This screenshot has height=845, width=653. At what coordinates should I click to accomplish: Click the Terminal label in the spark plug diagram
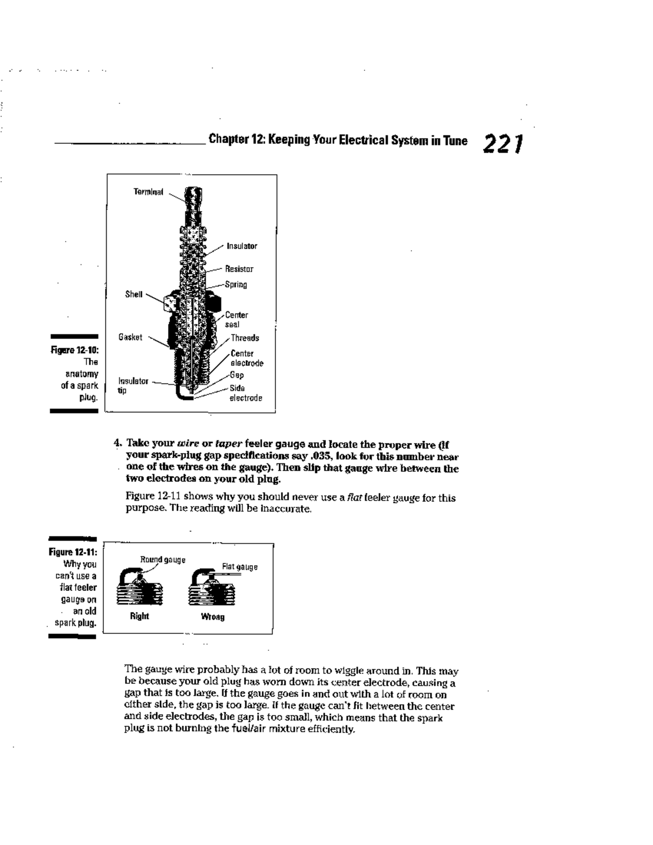(148, 192)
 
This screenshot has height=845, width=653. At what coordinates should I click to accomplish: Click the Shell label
(133, 294)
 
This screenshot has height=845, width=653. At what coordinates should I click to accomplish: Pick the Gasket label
(131, 337)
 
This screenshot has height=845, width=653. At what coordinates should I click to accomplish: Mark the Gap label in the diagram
(237, 375)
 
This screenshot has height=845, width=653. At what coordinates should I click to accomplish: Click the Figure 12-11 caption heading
(73, 552)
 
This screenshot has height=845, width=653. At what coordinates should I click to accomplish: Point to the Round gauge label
(163, 559)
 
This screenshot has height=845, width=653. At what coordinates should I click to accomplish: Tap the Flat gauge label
(239, 567)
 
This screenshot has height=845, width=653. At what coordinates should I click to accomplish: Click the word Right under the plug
(139, 616)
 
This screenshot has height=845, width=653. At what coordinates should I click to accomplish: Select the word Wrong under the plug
(212, 616)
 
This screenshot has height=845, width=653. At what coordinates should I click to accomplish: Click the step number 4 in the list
(117, 443)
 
